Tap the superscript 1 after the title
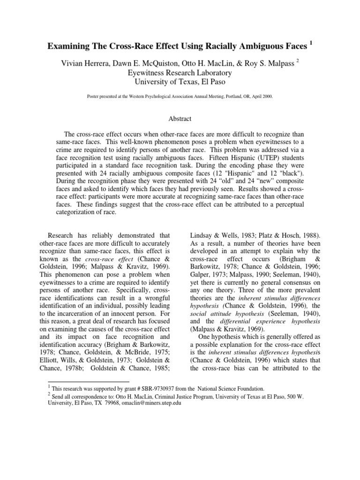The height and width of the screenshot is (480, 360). coord(310,43)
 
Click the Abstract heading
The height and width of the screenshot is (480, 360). coord(180,120)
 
